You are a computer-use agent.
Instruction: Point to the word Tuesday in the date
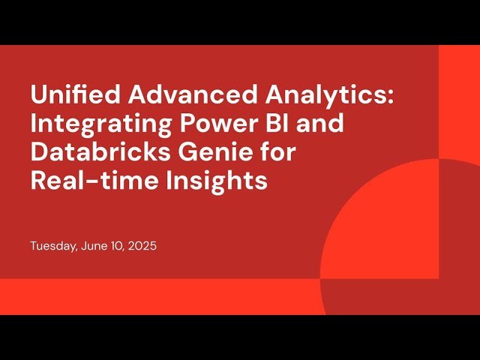53,246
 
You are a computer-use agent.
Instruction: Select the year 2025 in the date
142,246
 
